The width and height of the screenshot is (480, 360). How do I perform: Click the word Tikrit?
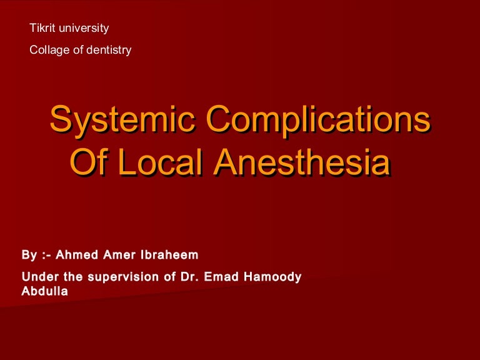pyautogui.click(x=43, y=28)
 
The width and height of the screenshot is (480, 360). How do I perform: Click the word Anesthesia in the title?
pyautogui.click(x=301, y=162)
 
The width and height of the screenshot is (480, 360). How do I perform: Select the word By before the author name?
pyautogui.click(x=29, y=255)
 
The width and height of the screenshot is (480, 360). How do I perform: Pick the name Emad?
pyautogui.click(x=222, y=276)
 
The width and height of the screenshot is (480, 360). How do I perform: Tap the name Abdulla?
pyautogui.click(x=44, y=291)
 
